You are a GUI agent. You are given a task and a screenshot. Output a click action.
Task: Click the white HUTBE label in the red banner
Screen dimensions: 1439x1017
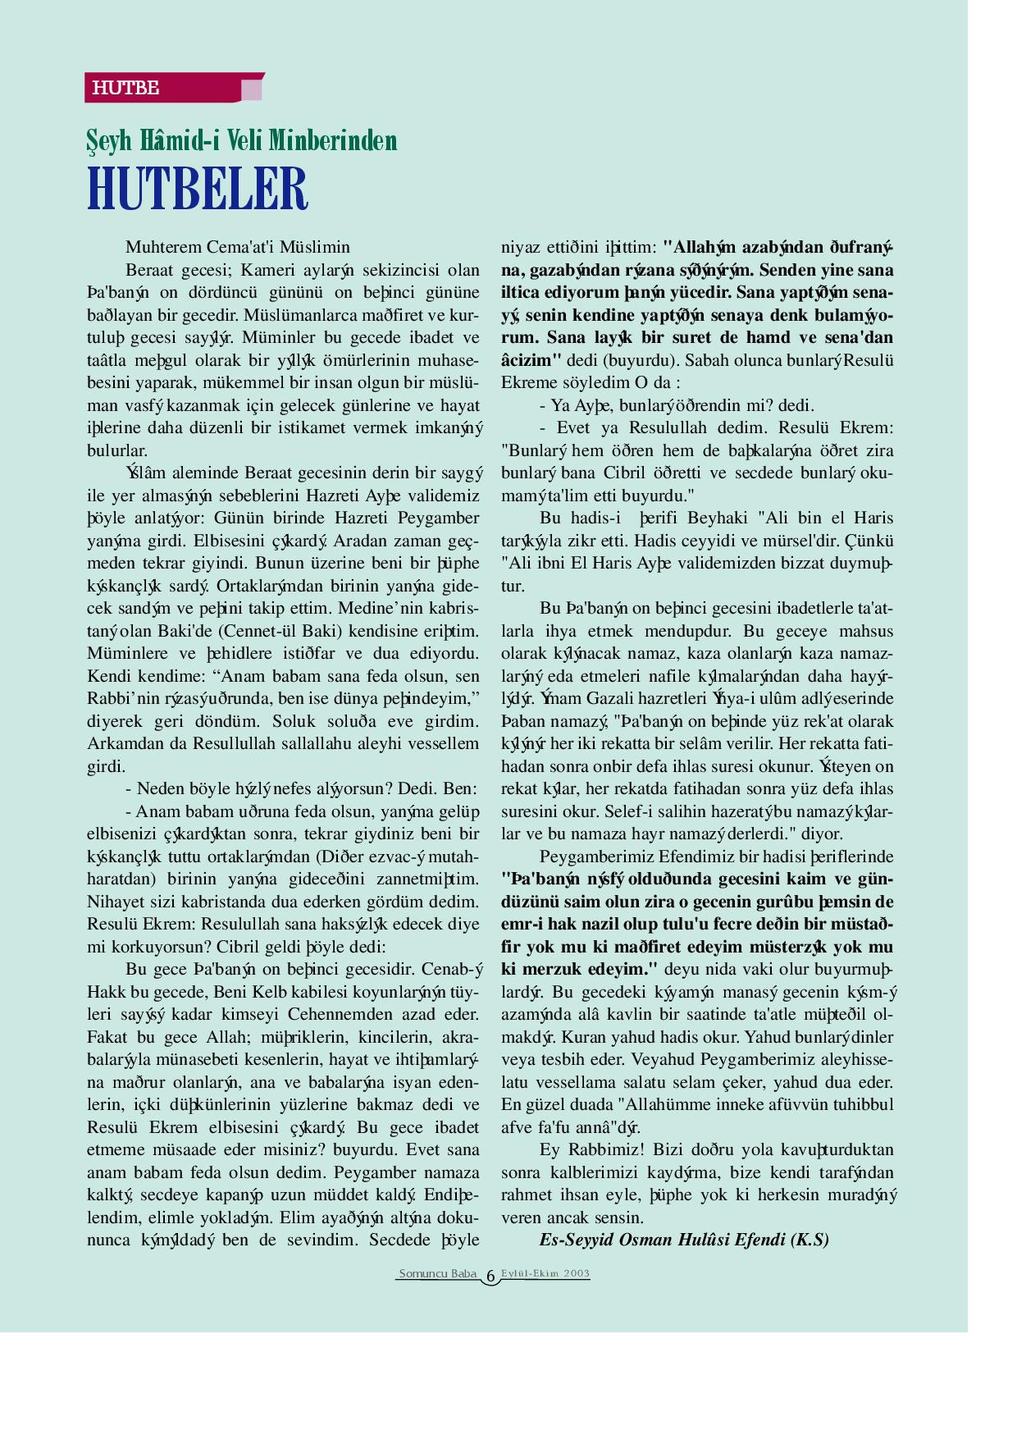click(x=125, y=88)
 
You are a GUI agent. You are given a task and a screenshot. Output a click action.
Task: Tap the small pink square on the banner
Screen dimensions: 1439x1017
click(x=251, y=89)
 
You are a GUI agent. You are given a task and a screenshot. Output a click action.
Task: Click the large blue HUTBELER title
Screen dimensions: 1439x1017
click(x=198, y=189)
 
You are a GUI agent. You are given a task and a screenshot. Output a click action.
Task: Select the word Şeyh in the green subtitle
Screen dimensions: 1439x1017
click(x=109, y=141)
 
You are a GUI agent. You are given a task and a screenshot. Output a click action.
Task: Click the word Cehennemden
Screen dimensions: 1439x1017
click(x=338, y=1015)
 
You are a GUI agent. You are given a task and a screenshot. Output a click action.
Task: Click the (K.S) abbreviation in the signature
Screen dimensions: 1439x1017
click(x=809, y=1240)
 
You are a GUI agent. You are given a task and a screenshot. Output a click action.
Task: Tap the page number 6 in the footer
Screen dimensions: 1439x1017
click(x=490, y=1277)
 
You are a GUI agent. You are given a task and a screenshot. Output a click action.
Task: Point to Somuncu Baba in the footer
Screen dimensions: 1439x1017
click(x=437, y=1274)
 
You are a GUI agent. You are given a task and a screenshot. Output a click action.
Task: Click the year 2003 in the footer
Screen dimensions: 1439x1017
click(x=576, y=1274)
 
